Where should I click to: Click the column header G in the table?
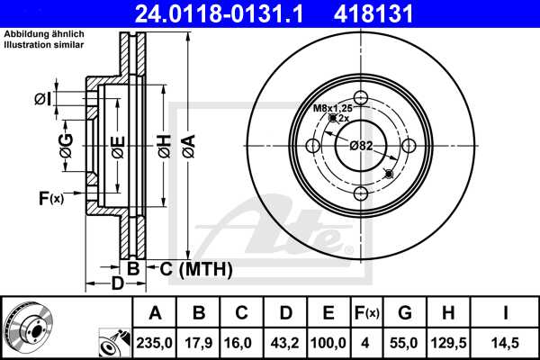(x=404, y=313)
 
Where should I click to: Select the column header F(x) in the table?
(x=365, y=313)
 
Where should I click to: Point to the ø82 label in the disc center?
(x=361, y=146)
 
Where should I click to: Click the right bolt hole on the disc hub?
(x=408, y=146)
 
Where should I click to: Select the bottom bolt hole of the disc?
(x=361, y=193)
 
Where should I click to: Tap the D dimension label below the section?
(x=118, y=285)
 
